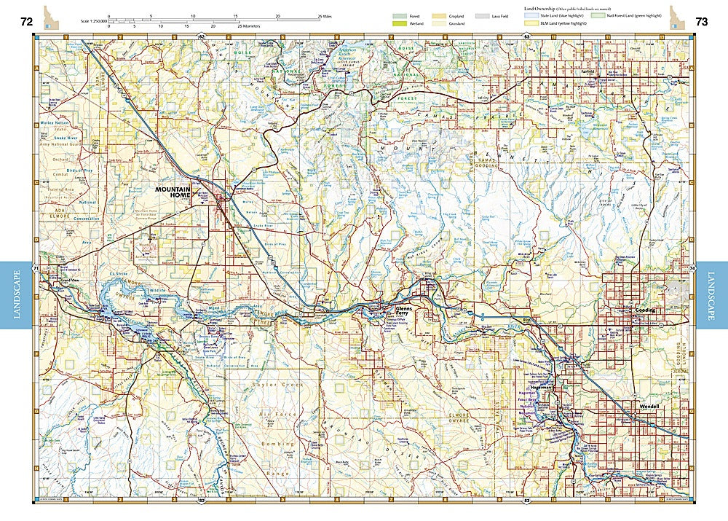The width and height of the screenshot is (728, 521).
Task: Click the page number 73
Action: pos(701,22)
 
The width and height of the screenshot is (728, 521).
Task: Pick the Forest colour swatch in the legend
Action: pos(399,15)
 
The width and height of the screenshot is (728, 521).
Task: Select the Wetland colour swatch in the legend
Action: pos(399,24)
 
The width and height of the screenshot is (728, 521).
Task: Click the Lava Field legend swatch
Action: pos(482,15)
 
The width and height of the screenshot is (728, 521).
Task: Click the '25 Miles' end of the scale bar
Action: pos(325,15)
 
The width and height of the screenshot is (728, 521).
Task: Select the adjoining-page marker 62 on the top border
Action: pos(202,36)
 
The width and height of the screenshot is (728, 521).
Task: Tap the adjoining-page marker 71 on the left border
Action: pos(36,270)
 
